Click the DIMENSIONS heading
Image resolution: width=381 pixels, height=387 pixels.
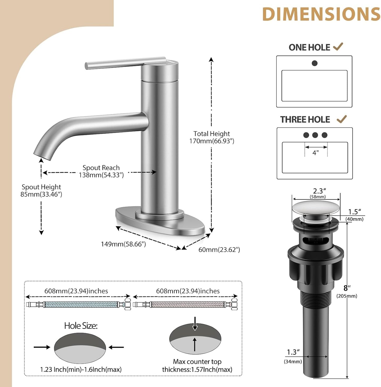click(321, 14)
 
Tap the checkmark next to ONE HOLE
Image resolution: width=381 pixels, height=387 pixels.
click(338, 47)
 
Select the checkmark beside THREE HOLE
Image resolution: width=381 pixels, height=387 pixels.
click(342, 119)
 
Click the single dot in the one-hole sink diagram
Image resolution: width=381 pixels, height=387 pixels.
click(315, 63)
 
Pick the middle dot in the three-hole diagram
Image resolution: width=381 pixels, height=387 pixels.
click(315, 135)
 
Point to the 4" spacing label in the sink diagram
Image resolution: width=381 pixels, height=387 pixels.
click(316, 153)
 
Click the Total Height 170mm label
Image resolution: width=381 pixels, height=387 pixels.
click(212, 137)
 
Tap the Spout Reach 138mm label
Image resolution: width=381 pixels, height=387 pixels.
click(101, 171)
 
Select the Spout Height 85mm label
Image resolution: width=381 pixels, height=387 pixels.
click(41, 190)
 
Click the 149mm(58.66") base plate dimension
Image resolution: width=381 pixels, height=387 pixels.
click(123, 244)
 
